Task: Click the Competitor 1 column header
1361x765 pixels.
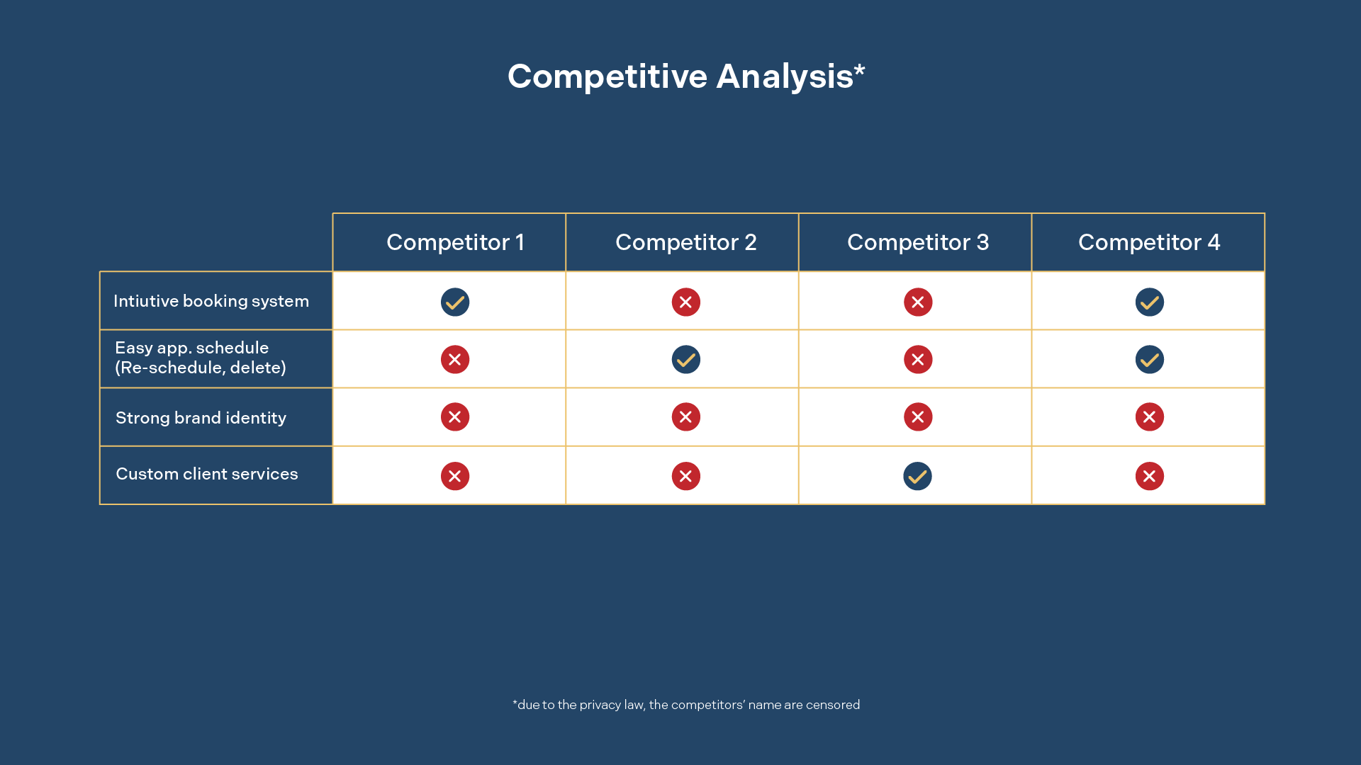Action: [x=455, y=242]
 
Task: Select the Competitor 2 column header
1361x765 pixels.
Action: [x=685, y=242]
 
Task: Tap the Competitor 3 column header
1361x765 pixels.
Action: [x=918, y=242]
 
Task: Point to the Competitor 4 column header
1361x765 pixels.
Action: [x=1149, y=242]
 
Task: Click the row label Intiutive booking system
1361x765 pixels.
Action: [x=211, y=301]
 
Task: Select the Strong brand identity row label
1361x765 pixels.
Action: [x=201, y=418]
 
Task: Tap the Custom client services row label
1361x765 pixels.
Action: [x=207, y=474]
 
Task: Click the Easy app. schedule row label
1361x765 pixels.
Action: [x=201, y=358]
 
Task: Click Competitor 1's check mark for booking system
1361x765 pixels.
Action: [x=455, y=302]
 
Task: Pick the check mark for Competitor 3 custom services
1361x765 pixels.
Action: [x=917, y=476]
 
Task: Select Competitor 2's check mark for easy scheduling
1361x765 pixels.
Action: [x=685, y=360]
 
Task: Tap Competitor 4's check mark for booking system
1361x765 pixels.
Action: [x=1149, y=302]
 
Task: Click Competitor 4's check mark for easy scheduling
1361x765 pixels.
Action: [x=1149, y=360]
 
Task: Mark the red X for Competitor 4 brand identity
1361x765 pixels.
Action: [x=1149, y=417]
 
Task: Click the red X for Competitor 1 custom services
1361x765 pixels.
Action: [x=455, y=476]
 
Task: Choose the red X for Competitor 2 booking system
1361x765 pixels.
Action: [x=685, y=302]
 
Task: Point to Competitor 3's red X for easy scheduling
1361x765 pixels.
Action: [x=917, y=360]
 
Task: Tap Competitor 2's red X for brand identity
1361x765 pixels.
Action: [x=685, y=417]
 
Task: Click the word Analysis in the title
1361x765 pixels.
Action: [x=785, y=76]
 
